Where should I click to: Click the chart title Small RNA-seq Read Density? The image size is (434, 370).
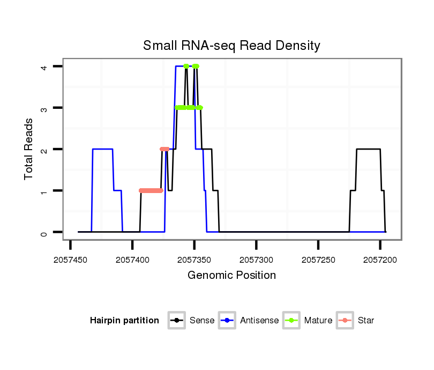pyautogui.click(x=231, y=46)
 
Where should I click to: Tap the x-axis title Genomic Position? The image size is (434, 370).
pyautogui.click(x=231, y=276)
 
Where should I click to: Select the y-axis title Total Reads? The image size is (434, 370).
pyautogui.click(x=29, y=149)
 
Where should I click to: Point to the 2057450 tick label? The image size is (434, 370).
pyautogui.click(x=71, y=260)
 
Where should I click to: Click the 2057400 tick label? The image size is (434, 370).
pyautogui.click(x=132, y=260)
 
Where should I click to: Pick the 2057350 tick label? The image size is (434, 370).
pyautogui.click(x=194, y=260)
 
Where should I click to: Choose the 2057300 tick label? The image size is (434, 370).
pyautogui.click(x=256, y=260)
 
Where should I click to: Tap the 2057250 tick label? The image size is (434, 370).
pyautogui.click(x=318, y=260)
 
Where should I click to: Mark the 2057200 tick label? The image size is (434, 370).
pyautogui.click(x=380, y=260)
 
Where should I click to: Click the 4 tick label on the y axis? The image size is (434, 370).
pyautogui.click(x=45, y=66)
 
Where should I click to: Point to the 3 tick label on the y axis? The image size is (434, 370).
pyautogui.click(x=45, y=108)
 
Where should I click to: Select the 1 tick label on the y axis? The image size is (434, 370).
pyautogui.click(x=45, y=191)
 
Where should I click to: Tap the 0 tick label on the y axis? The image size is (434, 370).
pyautogui.click(x=45, y=232)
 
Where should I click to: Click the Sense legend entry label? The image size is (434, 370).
pyautogui.click(x=202, y=321)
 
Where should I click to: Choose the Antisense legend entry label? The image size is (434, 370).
pyautogui.click(x=259, y=321)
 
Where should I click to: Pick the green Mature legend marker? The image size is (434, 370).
pyautogui.click(x=293, y=321)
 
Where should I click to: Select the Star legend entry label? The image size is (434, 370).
pyautogui.click(x=366, y=321)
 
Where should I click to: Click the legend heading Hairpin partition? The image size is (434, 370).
pyautogui.click(x=124, y=321)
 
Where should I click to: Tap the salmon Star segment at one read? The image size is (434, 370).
pyautogui.click(x=151, y=190)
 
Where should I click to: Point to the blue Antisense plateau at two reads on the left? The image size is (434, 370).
pyautogui.click(x=102, y=149)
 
